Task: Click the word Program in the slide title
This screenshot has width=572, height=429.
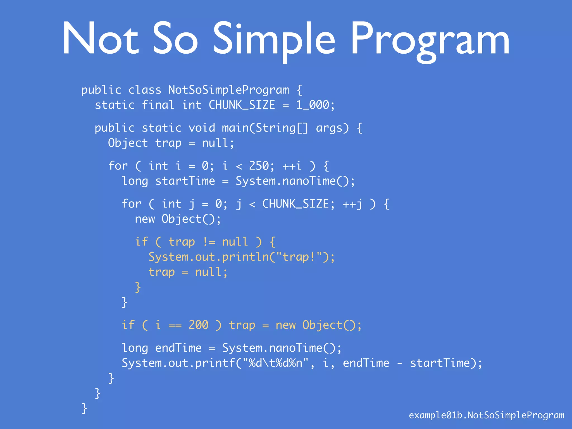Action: click(x=430, y=39)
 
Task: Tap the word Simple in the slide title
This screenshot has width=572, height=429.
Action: click(x=274, y=39)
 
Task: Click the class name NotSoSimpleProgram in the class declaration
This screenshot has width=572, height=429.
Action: click(x=229, y=90)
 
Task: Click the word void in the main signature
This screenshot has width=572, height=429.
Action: click(x=202, y=128)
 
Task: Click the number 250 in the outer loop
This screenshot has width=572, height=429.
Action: click(x=259, y=166)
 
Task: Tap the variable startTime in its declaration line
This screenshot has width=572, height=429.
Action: click(x=185, y=181)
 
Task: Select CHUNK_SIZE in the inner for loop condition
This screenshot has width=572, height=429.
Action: click(x=295, y=204)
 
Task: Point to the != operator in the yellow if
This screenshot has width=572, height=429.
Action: click(x=209, y=242)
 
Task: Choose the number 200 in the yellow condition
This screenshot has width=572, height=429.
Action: click(x=199, y=325)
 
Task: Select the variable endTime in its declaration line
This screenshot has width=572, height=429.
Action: click(x=178, y=348)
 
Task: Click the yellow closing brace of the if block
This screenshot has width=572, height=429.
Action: click(x=138, y=287)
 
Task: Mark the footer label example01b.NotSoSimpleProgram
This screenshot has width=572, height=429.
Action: click(x=486, y=415)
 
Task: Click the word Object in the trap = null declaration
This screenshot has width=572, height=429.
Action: click(x=128, y=143)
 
